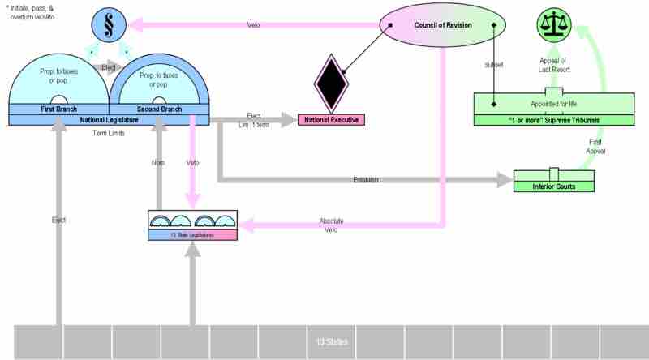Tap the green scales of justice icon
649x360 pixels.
(557, 26)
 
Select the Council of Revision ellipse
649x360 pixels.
(443, 25)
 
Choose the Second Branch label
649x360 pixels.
(159, 109)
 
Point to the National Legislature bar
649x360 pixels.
(109, 119)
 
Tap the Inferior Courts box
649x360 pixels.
(553, 186)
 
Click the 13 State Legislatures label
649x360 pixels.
(192, 234)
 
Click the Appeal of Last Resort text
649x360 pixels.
(555, 65)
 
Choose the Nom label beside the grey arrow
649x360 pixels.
(159, 163)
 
